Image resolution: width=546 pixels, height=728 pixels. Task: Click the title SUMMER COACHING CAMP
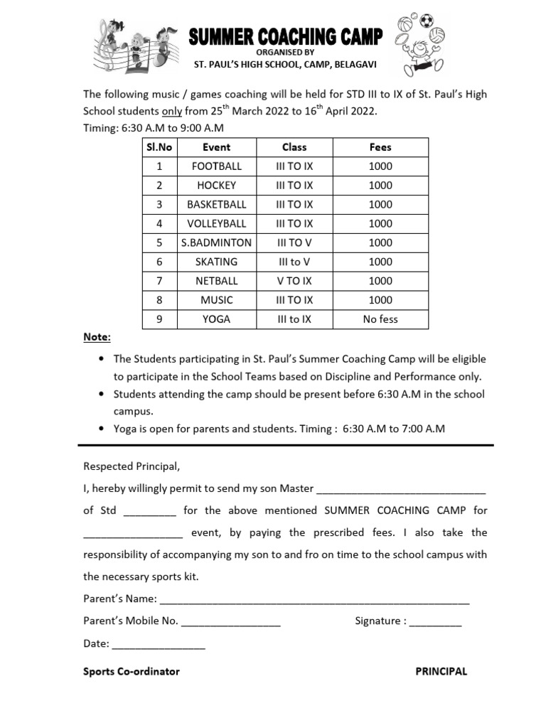point(285,36)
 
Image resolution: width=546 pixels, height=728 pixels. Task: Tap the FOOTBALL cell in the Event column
point(216,166)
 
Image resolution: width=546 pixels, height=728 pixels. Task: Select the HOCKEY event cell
point(216,185)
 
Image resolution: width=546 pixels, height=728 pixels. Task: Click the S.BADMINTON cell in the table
point(216,242)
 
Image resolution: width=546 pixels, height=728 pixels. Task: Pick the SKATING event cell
point(216,262)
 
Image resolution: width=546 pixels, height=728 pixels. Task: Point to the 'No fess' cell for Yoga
point(380,319)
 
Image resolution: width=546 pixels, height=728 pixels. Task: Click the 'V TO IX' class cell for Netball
point(294,281)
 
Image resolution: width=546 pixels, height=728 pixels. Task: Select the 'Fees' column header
point(380,146)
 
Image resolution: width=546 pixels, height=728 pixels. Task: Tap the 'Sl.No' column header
point(159,146)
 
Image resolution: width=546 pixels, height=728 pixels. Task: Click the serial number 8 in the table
point(159,300)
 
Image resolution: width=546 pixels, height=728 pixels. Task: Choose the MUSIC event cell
point(216,300)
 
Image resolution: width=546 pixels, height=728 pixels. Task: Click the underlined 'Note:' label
point(97,337)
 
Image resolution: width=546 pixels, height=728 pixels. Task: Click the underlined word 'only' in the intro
point(173,112)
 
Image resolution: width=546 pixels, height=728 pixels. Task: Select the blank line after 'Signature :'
point(435,622)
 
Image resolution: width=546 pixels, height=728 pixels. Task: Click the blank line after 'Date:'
point(159,645)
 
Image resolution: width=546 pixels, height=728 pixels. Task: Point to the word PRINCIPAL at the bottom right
point(441,671)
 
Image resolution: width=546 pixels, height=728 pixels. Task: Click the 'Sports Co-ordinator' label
point(132,671)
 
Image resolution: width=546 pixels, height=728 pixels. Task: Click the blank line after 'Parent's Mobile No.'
point(231,622)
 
